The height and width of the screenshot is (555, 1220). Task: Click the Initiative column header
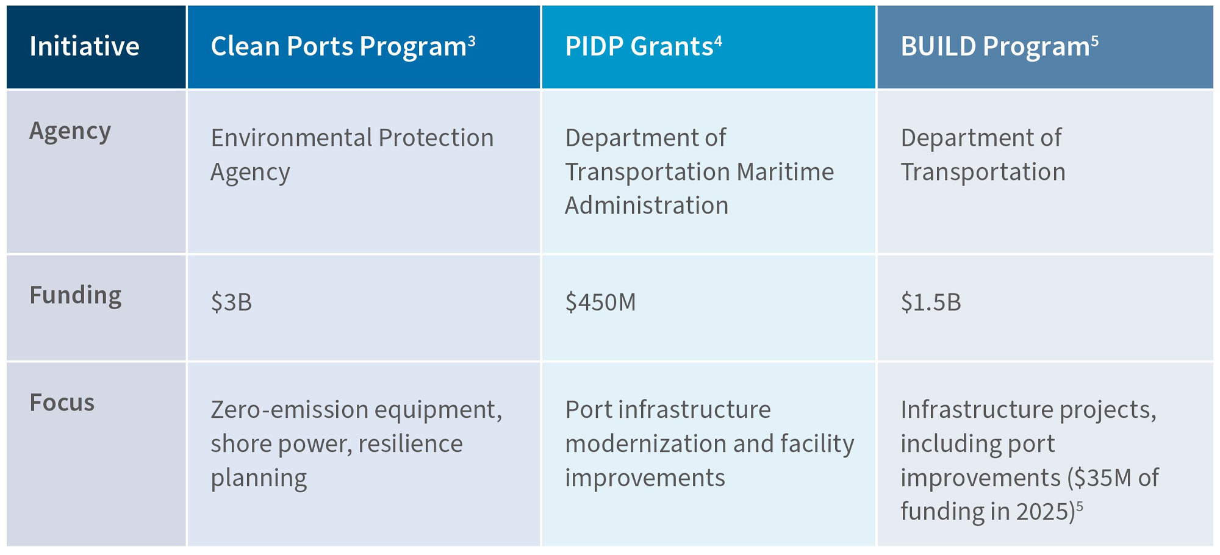pos(84,47)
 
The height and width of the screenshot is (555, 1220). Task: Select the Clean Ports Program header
pos(339,47)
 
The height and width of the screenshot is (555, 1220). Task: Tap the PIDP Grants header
pos(639,47)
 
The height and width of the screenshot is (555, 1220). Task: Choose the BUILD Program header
pos(995,47)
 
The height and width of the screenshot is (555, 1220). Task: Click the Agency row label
pos(70,131)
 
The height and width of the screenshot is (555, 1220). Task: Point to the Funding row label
pos(76,295)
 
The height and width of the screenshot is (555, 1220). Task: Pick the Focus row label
pos(62,403)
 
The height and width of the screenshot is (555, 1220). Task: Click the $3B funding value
pos(231,303)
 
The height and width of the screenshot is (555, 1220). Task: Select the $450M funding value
pos(600,303)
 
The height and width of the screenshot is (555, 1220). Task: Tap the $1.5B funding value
pos(931,303)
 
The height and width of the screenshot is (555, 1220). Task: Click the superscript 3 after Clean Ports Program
pos(472,41)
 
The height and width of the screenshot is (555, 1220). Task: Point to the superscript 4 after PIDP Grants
pos(718,41)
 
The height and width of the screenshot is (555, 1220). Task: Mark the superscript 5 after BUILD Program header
pos(1095,41)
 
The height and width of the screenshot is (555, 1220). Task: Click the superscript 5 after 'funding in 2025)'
pos(1079,506)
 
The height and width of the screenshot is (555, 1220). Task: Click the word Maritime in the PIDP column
pos(785,172)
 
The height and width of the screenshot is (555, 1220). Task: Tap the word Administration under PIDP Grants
pos(647,206)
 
